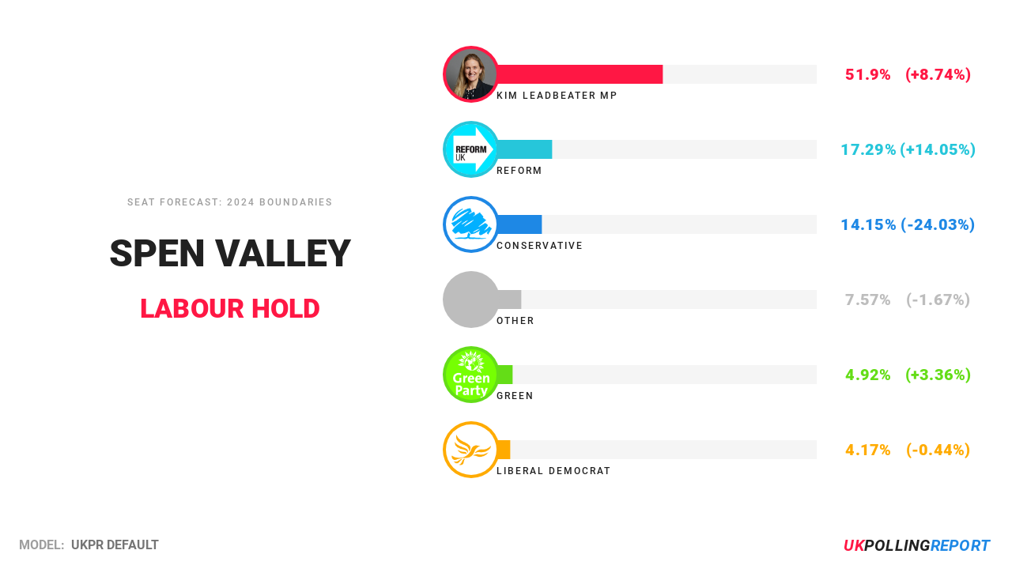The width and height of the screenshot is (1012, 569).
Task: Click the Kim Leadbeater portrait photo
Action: (471, 74)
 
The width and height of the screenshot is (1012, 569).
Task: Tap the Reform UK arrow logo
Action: (471, 149)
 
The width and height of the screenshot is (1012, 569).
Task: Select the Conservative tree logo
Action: (471, 224)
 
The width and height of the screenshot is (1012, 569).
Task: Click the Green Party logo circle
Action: (471, 375)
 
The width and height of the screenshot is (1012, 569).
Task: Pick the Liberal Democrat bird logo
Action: (471, 450)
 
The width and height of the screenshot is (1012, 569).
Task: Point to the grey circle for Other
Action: (471, 300)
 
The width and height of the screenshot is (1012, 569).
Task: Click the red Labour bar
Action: (580, 74)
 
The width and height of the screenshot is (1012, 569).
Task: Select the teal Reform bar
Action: (524, 149)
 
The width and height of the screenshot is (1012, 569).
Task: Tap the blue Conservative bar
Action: (519, 224)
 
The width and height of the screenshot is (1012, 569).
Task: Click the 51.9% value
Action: (867, 75)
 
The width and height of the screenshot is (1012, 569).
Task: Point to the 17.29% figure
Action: (867, 150)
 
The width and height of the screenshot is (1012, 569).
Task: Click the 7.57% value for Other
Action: (867, 300)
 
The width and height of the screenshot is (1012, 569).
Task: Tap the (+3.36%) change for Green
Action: (938, 375)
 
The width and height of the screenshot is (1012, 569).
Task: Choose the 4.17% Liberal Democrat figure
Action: (867, 450)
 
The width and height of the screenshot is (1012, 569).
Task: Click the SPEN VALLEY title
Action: (230, 254)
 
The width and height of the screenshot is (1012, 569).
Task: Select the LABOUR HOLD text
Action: (230, 308)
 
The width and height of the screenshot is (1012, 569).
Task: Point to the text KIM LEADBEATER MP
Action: (557, 96)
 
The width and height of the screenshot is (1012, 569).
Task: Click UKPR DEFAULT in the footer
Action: (115, 545)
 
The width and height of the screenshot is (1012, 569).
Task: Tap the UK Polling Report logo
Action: (916, 546)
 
